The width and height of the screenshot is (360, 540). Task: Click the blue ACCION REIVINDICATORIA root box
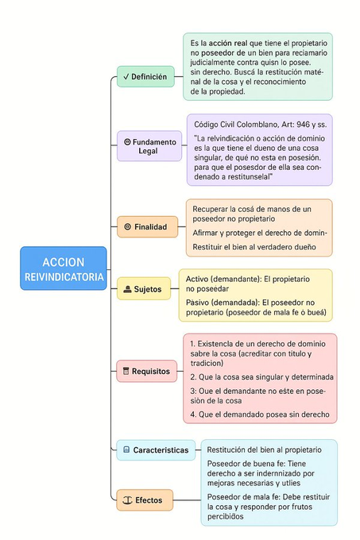(x=64, y=268)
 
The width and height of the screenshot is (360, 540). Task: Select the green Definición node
(x=145, y=77)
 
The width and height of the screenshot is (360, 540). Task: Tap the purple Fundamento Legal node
(x=149, y=146)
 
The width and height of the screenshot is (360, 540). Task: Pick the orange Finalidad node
(x=145, y=227)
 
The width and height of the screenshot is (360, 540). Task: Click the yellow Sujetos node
(x=144, y=289)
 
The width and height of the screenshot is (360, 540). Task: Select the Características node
(x=156, y=449)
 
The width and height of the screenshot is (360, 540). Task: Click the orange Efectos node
(x=144, y=500)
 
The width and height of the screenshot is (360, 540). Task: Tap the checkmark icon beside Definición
(x=125, y=77)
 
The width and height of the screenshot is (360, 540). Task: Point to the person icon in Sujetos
(x=127, y=289)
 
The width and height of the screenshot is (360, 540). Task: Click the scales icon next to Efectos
(x=126, y=500)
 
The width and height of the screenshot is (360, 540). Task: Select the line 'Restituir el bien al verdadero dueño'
(x=254, y=247)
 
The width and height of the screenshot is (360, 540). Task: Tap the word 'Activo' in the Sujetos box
(x=199, y=280)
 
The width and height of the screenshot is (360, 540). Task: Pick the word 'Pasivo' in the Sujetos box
(x=199, y=303)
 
